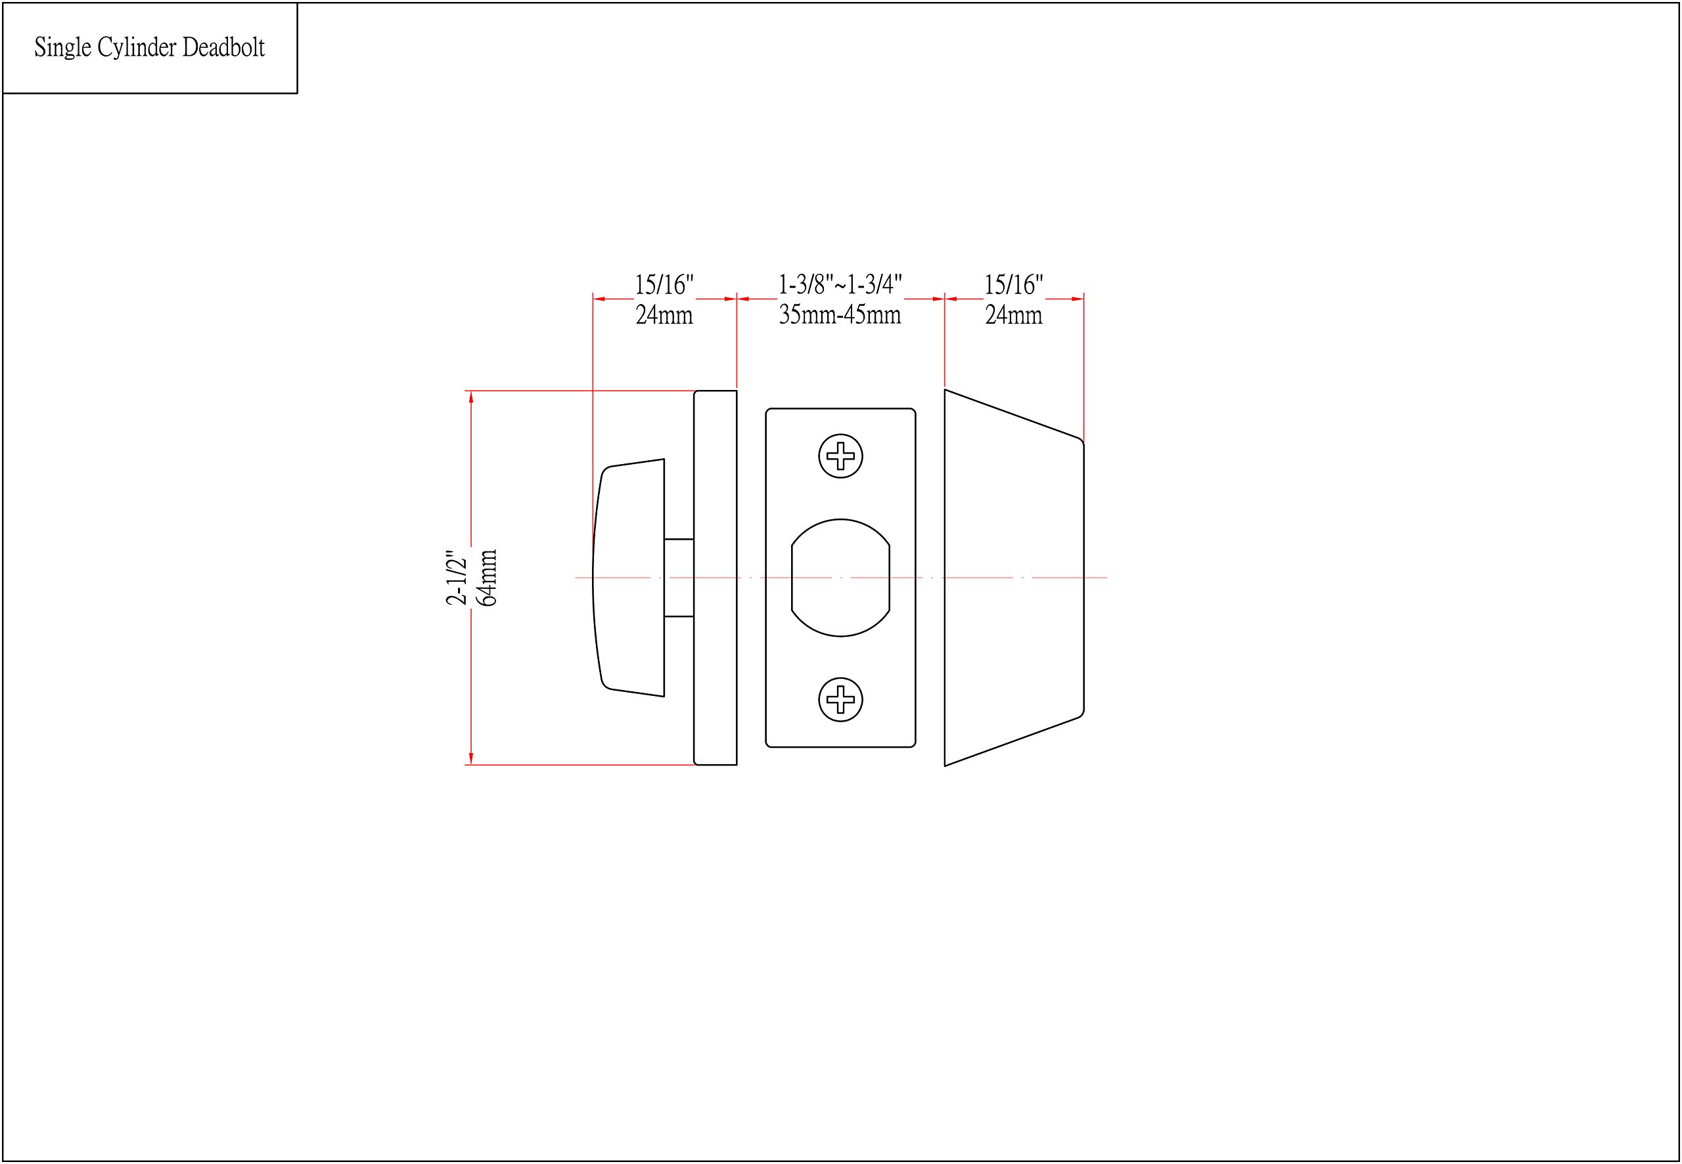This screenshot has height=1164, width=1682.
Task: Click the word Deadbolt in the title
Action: click(223, 47)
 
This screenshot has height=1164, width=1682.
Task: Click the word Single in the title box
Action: click(63, 48)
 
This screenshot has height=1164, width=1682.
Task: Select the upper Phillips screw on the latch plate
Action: click(840, 456)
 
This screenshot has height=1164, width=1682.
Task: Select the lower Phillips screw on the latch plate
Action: click(840, 699)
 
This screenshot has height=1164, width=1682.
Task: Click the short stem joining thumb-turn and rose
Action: click(679, 578)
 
